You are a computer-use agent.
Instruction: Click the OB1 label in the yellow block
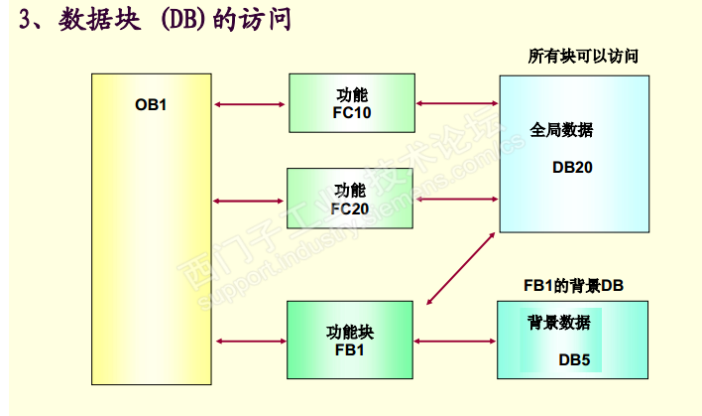[x=151, y=103]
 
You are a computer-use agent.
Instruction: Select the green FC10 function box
[x=351, y=102]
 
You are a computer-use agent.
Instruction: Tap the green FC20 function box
[x=350, y=200]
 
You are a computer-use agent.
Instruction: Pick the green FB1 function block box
[x=350, y=341]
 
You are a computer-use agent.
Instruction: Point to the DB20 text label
[x=572, y=168]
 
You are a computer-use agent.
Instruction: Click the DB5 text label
[x=574, y=359]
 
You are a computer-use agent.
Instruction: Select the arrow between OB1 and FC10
[x=249, y=103]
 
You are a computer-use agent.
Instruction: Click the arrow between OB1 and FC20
[x=249, y=201]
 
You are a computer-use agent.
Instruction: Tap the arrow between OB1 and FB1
[x=249, y=342]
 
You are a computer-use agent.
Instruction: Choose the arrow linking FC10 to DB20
[x=457, y=102]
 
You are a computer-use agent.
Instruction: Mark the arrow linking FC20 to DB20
[x=457, y=200]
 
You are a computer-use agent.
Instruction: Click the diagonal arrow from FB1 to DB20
[x=461, y=268]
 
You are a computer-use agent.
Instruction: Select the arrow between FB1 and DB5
[x=456, y=342]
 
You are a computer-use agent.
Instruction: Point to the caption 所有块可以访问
[x=582, y=57]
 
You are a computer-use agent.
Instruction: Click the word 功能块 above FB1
[x=350, y=332]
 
